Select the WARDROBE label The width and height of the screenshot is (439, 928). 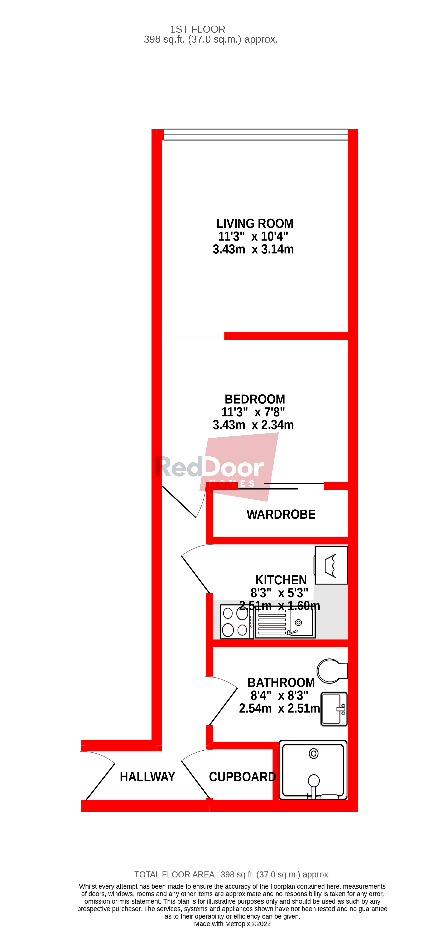281,514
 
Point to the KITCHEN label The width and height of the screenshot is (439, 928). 281,580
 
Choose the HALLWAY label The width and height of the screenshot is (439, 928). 147,777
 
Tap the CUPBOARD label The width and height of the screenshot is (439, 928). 242,777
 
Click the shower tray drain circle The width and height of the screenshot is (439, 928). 314,754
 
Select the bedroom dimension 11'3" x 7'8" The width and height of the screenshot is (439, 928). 253,412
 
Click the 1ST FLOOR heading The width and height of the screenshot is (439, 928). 198,29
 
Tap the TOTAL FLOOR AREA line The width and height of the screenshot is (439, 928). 232,875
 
